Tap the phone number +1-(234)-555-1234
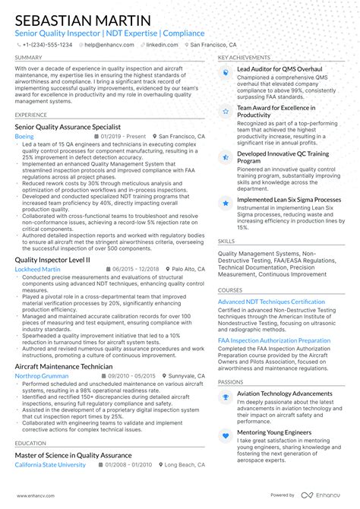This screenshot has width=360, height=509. tap(47, 45)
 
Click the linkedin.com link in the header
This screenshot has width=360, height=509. tap(161, 45)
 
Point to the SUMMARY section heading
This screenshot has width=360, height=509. tap(28, 58)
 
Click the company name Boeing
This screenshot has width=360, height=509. tap(24, 136)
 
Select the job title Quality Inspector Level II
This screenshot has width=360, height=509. tap(52, 259)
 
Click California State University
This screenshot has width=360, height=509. tap(51, 465)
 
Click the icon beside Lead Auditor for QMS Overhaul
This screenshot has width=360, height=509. tap(226, 71)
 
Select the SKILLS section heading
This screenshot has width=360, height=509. tap(226, 242)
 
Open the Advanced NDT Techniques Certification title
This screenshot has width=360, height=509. tap(271, 302)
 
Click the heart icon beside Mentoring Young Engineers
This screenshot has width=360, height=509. tap(226, 435)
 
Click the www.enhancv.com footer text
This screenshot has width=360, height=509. tap(33, 495)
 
